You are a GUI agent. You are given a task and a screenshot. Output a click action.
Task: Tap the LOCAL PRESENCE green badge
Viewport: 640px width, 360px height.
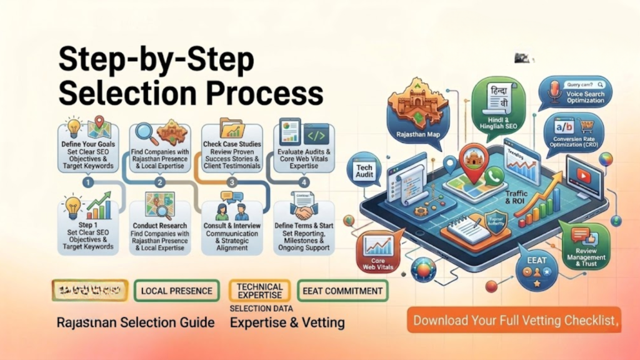(x=177, y=291)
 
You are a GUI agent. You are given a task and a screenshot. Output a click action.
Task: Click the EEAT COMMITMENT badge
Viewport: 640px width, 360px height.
(x=342, y=291)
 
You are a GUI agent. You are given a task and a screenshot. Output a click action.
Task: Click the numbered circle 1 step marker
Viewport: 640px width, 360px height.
(x=88, y=182)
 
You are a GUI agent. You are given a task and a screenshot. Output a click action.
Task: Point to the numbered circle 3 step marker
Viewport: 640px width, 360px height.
(x=232, y=182)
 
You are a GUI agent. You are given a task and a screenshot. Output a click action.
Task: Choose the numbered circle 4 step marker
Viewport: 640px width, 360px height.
(x=304, y=182)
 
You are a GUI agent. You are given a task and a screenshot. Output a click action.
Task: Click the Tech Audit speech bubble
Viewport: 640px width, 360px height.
(x=365, y=171)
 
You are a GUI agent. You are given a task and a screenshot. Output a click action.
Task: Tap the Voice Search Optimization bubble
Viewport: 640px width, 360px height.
(x=576, y=92)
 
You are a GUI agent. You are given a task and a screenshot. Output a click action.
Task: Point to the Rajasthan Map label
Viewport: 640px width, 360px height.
(x=414, y=133)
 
